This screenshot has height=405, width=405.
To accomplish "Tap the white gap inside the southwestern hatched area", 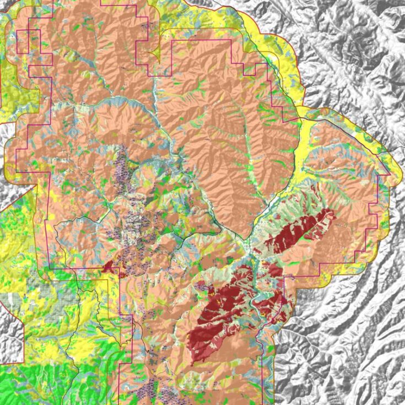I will (10, 301).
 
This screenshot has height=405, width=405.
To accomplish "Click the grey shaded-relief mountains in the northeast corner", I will (358, 44).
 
